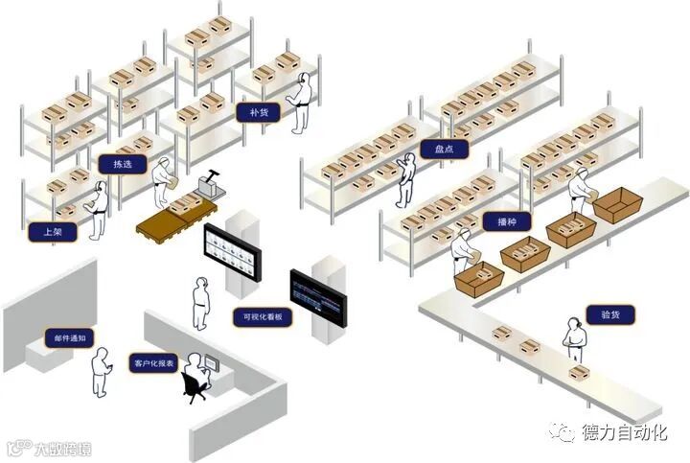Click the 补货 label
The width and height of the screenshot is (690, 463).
pyautogui.click(x=258, y=112)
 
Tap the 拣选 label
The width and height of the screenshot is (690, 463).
pyautogui.click(x=122, y=164)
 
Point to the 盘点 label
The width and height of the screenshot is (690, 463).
pyautogui.click(x=443, y=150)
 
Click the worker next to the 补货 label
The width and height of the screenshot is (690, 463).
pyautogui.click(x=302, y=101)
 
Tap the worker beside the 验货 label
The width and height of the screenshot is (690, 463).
pyautogui.click(x=575, y=340)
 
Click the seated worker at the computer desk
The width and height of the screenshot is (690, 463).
pyautogui.click(x=195, y=370)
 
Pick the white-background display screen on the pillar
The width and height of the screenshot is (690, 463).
pyautogui.click(x=231, y=252)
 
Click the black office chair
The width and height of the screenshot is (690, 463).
pyautogui.click(x=195, y=385)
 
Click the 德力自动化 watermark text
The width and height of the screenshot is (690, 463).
pyautogui.click(x=624, y=432)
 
